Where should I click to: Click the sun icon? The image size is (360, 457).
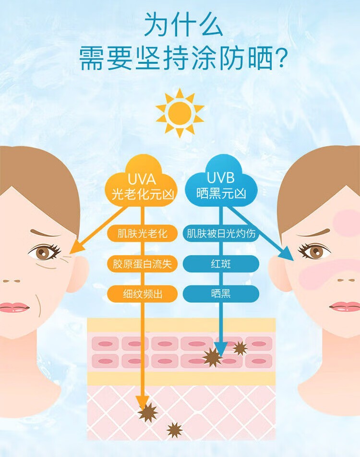(x=180, y=113)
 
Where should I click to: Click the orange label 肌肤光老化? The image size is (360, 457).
(x=143, y=234)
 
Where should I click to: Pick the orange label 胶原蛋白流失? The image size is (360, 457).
(x=143, y=264)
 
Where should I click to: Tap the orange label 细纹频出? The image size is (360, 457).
(x=143, y=293)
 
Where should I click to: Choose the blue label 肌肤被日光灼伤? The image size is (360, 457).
(x=221, y=234)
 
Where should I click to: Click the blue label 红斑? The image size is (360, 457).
(x=221, y=264)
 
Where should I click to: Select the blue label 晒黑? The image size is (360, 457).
(x=221, y=293)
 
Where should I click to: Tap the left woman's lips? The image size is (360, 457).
(x=13, y=307)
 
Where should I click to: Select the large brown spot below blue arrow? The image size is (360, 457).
(x=212, y=357)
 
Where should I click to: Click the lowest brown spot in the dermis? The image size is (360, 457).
(x=174, y=430)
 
